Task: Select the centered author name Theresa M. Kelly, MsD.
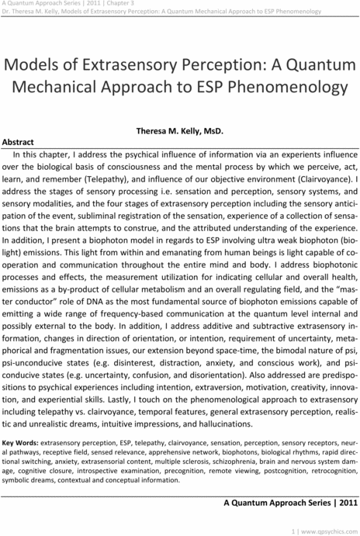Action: pyautogui.click(x=179, y=133)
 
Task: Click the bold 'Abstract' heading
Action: pyautogui.click(x=19, y=143)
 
